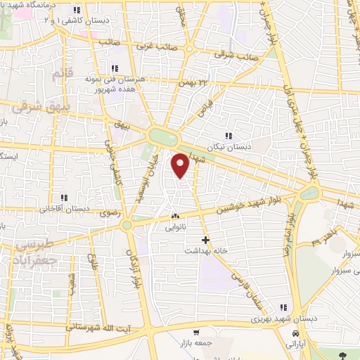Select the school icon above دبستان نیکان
coord(227,136)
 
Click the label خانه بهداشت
coord(204,251)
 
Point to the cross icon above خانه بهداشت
coord(205,240)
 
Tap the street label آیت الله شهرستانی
coord(96,327)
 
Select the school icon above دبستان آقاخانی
coord(65,198)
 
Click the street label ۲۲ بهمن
coord(196,84)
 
